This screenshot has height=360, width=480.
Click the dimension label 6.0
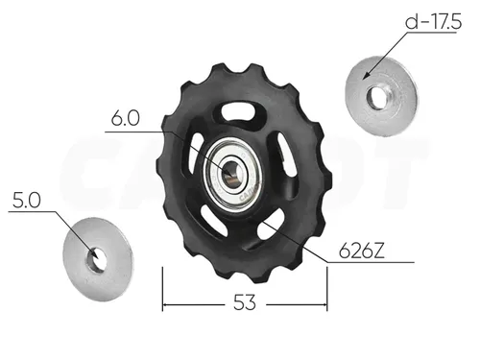point(125,118)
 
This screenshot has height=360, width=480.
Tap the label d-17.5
point(433,22)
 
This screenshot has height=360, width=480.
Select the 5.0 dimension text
point(27,201)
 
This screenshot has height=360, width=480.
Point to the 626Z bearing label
point(361,251)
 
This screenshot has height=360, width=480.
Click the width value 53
point(245,302)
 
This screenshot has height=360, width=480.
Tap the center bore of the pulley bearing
point(231,174)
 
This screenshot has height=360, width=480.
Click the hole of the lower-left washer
point(96,260)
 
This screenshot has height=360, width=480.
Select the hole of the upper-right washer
point(377,96)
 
